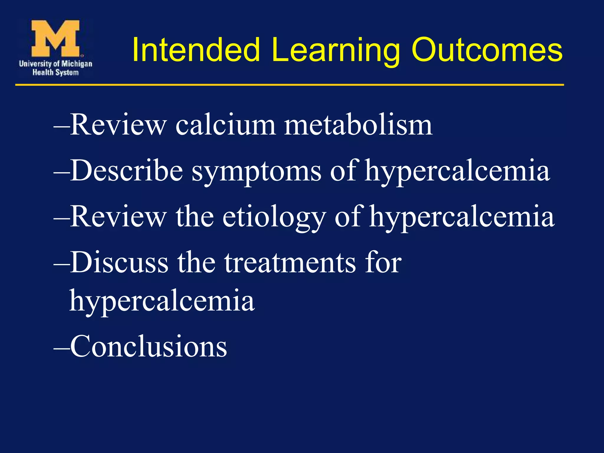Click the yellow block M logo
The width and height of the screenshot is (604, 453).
pyautogui.click(x=55, y=38)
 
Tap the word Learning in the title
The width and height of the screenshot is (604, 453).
pyautogui.click(x=335, y=51)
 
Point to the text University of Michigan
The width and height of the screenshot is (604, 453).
pyautogui.click(x=55, y=63)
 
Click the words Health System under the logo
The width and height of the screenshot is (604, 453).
pyautogui.click(x=55, y=73)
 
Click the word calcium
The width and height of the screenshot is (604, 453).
pyautogui.click(x=226, y=125)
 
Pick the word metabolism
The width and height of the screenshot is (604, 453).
pyautogui.click(x=358, y=125)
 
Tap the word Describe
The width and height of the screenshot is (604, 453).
pyautogui.click(x=127, y=171)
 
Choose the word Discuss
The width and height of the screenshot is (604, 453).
pyautogui.click(x=119, y=262)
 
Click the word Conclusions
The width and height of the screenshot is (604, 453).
pyautogui.click(x=148, y=347)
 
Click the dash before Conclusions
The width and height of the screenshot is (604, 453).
pyautogui.click(x=61, y=348)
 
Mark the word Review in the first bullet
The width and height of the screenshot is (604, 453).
pyautogui.click(x=118, y=125)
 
